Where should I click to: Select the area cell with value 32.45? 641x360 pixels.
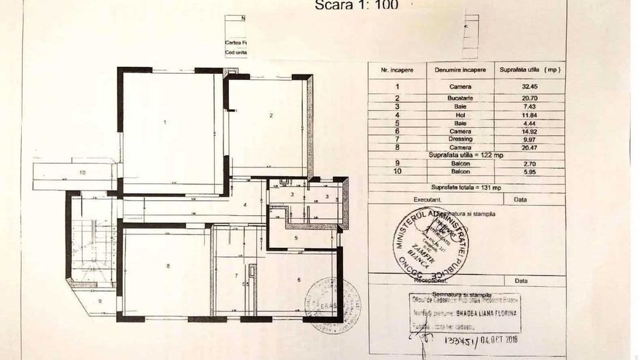pyautogui.click(x=530, y=87)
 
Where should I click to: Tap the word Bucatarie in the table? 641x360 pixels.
pyautogui.click(x=460, y=99)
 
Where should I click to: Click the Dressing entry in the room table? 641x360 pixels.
pyautogui.click(x=460, y=139)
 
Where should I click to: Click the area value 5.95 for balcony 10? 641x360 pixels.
pyautogui.click(x=530, y=171)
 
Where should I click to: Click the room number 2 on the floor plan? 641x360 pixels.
pyautogui.click(x=271, y=116)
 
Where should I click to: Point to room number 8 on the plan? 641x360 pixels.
pyautogui.click(x=167, y=266)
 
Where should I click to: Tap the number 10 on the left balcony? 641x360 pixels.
pyautogui.click(x=82, y=173)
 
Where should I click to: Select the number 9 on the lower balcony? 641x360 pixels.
pyautogui.click(x=99, y=301)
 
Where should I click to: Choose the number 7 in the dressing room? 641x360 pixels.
pyautogui.click(x=236, y=275)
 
